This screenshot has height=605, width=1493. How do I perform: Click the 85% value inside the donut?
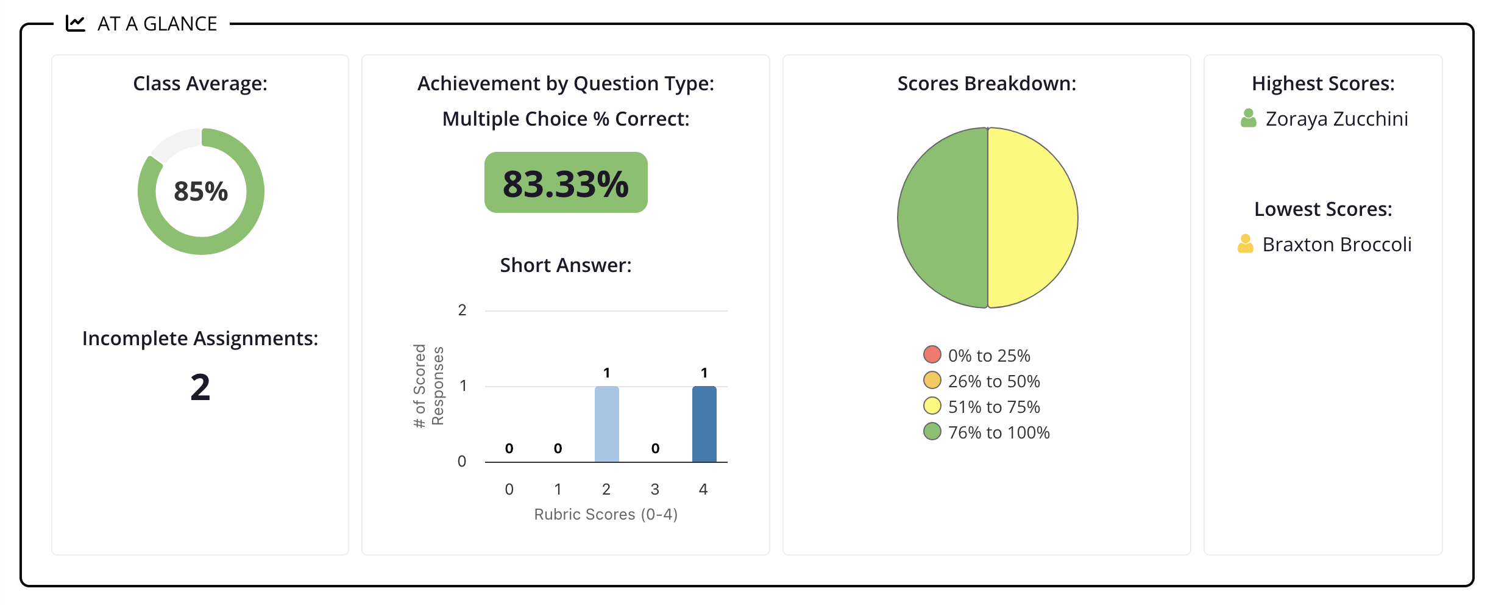click(x=200, y=192)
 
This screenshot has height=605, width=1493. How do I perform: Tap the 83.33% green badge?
click(x=566, y=182)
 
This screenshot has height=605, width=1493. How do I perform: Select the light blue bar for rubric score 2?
click(x=606, y=424)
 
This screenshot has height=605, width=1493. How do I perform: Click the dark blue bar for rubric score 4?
click(x=704, y=424)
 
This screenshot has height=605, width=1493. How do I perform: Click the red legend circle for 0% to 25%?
click(x=932, y=354)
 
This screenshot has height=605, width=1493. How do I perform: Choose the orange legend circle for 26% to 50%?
click(x=932, y=380)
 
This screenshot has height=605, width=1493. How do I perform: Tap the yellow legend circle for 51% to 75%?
click(x=932, y=406)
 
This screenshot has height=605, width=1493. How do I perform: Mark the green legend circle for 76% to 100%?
click(x=932, y=431)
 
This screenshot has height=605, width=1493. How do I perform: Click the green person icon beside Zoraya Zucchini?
click(x=1248, y=118)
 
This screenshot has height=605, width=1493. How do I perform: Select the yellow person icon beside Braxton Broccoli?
click(x=1246, y=243)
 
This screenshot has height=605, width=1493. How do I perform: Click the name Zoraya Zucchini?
click(x=1337, y=119)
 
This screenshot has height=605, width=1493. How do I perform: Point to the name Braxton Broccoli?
click(x=1337, y=245)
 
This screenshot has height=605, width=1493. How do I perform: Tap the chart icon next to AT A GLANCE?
click(x=76, y=23)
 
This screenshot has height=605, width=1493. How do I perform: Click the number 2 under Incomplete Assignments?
click(x=200, y=387)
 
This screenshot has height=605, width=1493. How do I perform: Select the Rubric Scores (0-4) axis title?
click(x=606, y=514)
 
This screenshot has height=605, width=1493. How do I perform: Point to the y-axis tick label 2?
click(x=462, y=310)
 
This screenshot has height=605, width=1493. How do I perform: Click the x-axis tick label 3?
click(x=655, y=489)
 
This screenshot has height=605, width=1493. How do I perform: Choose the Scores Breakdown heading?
click(x=987, y=84)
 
